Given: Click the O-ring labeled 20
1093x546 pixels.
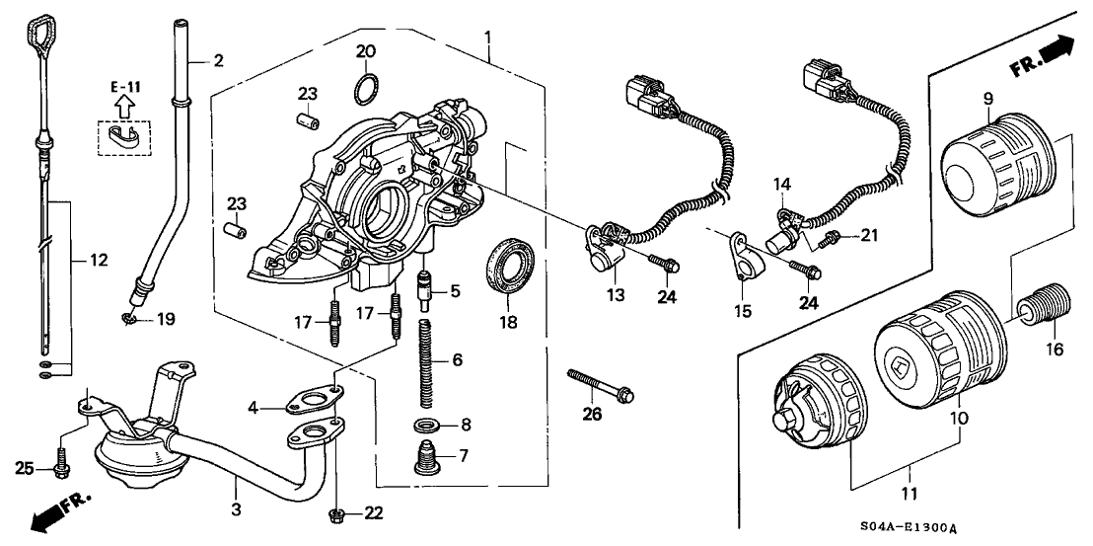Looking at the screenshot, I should pos(364,89).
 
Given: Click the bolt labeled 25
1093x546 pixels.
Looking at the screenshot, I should pos(61,461).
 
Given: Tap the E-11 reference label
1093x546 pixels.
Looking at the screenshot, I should pos(124,87).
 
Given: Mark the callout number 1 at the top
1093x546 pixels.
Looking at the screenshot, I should pos(487,39).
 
